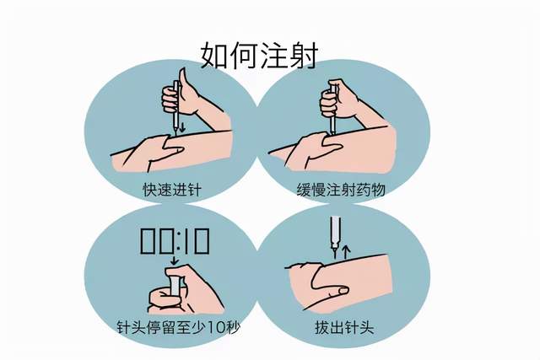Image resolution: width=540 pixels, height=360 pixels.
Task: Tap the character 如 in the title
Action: point(216,54)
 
